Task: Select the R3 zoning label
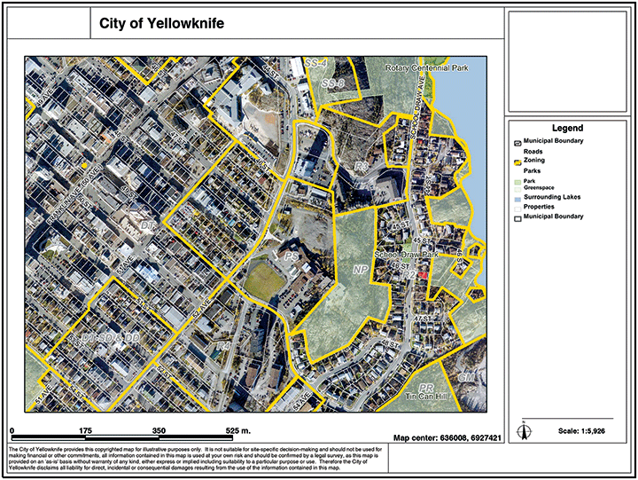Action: (x=361, y=167)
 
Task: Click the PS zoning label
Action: (x=292, y=256)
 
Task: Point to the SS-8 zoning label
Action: (x=333, y=83)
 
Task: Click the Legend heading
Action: (x=566, y=129)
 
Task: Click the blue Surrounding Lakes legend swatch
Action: (x=517, y=197)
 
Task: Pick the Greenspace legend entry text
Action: (x=540, y=187)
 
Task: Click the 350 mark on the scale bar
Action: (x=160, y=430)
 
